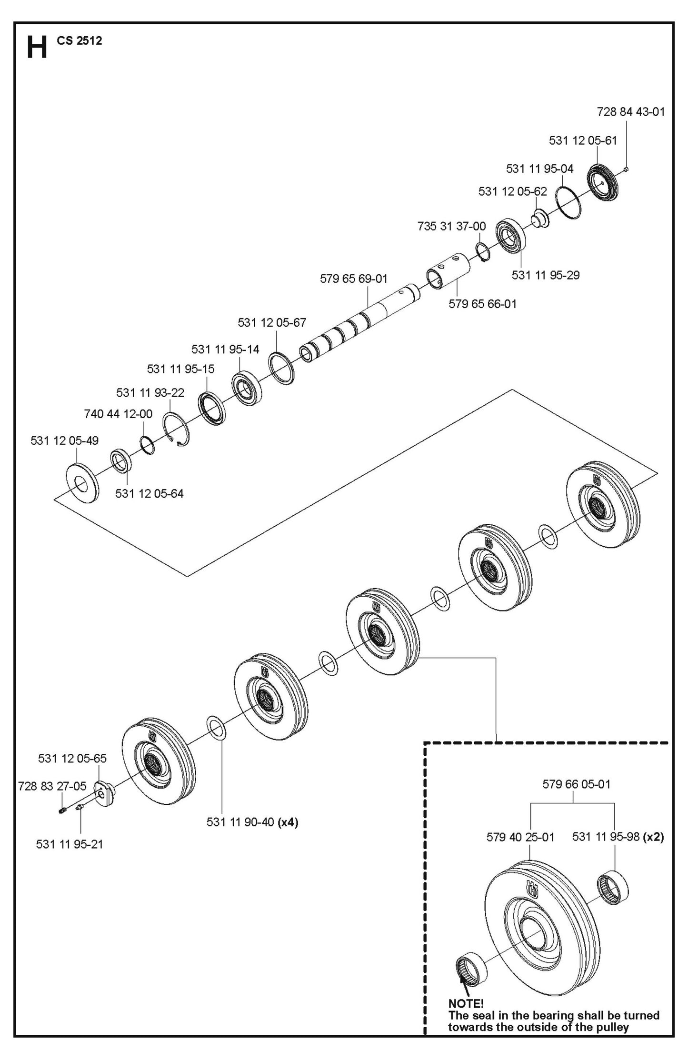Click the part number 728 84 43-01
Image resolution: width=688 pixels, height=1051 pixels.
(x=630, y=112)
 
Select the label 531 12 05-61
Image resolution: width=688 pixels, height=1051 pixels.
(x=582, y=140)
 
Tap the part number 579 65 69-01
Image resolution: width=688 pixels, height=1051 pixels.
(x=353, y=279)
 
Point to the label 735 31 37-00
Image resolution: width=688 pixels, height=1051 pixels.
(x=451, y=226)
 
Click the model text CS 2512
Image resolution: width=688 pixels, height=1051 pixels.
(x=79, y=41)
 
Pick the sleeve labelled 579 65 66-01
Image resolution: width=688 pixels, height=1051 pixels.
(x=448, y=270)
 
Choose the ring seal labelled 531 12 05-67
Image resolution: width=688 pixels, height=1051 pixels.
(x=282, y=368)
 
